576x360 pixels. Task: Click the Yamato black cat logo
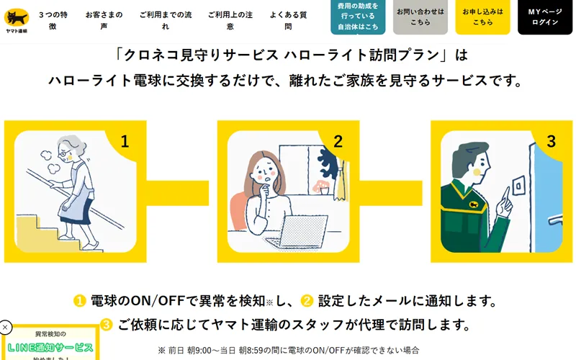pos(17,21)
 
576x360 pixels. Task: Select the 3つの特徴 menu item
pos(53,21)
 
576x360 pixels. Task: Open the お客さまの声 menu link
pos(104,21)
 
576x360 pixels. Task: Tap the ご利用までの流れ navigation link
pos(166,21)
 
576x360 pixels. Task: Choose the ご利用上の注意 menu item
pos(230,21)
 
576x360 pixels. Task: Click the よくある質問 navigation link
pos(288,21)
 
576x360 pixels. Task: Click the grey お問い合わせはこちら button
pos(420,17)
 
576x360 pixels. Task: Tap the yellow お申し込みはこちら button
pos(482,17)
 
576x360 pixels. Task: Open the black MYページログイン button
pos(545,17)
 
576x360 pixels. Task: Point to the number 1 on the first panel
pos(125,141)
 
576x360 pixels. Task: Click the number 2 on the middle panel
pos(338,141)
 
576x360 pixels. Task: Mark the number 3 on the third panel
pos(551,141)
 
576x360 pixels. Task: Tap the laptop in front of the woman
pos(298,230)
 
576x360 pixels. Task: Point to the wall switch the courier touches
pos(518,186)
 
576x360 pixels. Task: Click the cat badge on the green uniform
pos(473,204)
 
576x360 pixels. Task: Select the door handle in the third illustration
pos(555,220)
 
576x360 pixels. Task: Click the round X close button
pos(5,327)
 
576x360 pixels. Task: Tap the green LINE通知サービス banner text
pos(50,348)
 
